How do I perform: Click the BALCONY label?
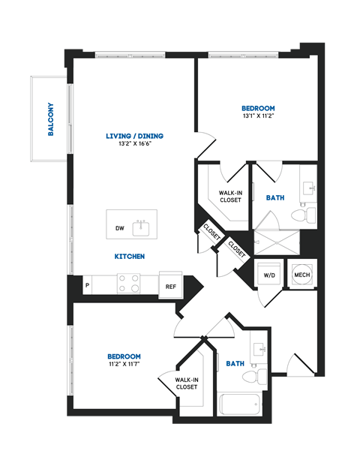tap(51, 119)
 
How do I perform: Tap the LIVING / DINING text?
tap(135, 136)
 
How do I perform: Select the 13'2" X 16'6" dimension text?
tap(135, 145)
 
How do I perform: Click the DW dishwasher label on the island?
tap(119, 227)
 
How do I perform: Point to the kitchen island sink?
tap(140, 227)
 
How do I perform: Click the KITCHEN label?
tap(130, 257)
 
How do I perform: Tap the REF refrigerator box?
tap(170, 286)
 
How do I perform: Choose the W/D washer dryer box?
tap(269, 275)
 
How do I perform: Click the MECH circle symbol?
tap(301, 275)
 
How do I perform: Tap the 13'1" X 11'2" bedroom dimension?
tap(258, 116)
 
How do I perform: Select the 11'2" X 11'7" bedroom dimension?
tap(124, 365)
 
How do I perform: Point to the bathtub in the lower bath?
tap(240, 404)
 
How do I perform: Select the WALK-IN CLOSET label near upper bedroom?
tap(230, 197)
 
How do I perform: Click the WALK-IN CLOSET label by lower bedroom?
tap(187, 383)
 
